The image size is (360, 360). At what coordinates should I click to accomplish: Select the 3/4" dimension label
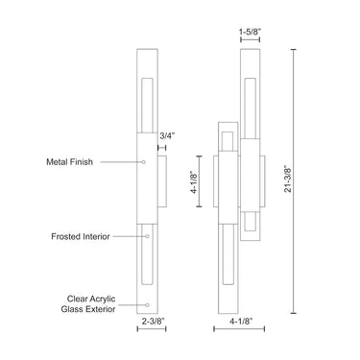[x=167, y=137]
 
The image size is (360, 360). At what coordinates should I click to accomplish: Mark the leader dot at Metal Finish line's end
[x=144, y=162]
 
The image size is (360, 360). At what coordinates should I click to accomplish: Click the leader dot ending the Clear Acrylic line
[x=144, y=303]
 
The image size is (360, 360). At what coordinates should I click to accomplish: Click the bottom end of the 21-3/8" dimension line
[x=293, y=313]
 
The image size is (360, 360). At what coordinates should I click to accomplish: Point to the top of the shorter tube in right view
[x=227, y=122]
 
